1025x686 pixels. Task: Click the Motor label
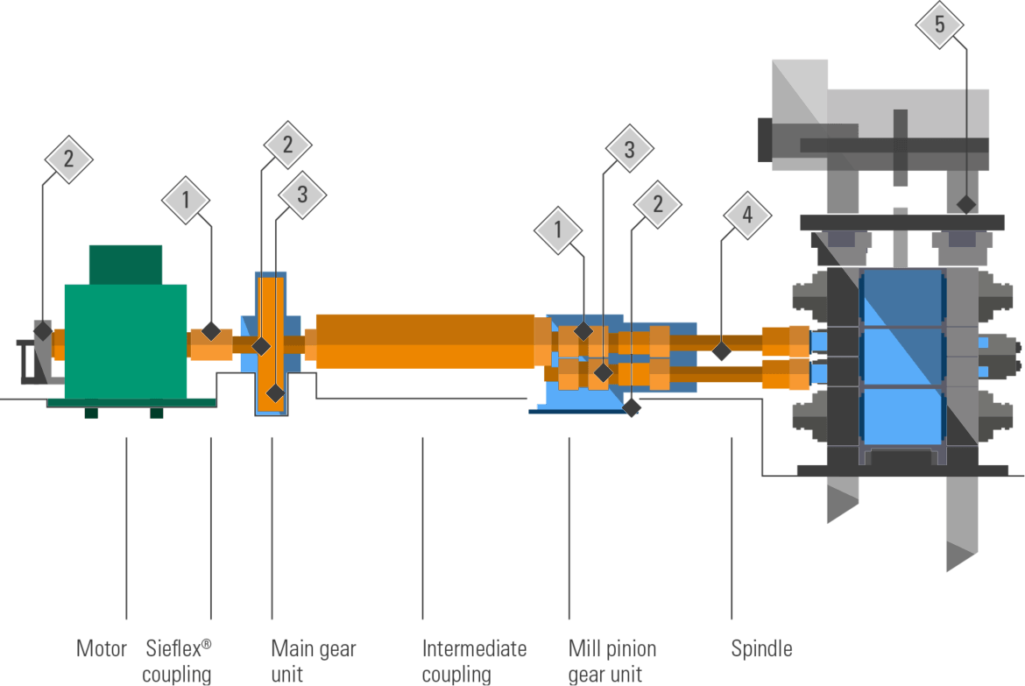coord(102,649)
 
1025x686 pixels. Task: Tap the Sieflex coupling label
coord(177,661)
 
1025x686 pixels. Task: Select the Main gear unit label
coord(313,661)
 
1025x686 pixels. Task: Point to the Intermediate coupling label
coord(474,661)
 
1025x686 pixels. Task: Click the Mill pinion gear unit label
coord(611,661)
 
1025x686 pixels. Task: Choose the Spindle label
coord(761,649)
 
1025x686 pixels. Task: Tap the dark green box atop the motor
coord(125,264)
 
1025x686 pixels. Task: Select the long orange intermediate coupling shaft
coord(425,341)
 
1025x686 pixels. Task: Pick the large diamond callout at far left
coord(68,159)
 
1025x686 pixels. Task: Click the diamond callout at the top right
coord(940,25)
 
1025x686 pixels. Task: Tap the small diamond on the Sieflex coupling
coord(211,330)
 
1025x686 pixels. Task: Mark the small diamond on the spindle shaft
coord(721,351)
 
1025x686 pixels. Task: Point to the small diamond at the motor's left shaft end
coord(42,330)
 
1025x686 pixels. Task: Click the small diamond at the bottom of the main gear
coord(275,393)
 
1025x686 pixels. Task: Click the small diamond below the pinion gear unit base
coord(632,407)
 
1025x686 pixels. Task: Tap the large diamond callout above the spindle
coord(747,215)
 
